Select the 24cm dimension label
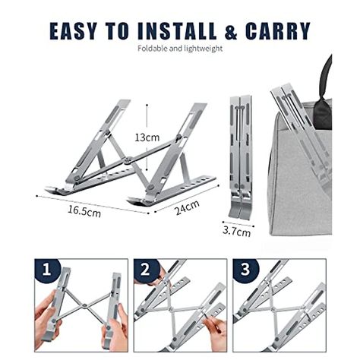click(x=186, y=205)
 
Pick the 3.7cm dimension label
click(x=237, y=232)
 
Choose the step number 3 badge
click(x=244, y=270)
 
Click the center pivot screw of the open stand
click(x=128, y=159)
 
